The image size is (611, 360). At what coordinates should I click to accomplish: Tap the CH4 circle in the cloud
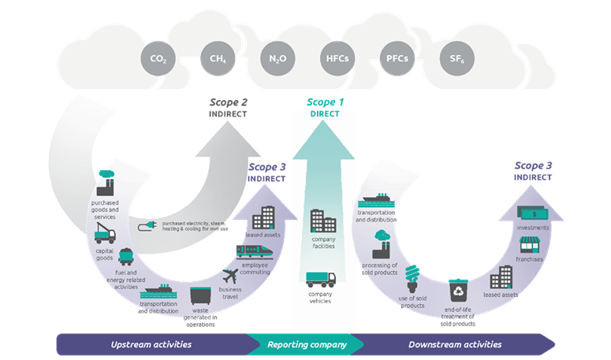218,58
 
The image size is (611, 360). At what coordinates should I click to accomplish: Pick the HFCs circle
333,58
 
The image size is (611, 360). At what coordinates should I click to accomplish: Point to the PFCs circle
393,58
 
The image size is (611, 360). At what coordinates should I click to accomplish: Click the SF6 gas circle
452,58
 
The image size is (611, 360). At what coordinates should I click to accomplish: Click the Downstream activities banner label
455,344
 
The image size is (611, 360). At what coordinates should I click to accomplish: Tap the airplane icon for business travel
230,277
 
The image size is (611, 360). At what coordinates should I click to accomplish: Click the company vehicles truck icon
321,279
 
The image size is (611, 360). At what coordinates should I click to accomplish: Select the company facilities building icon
323,221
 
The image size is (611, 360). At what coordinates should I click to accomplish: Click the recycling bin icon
458,291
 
